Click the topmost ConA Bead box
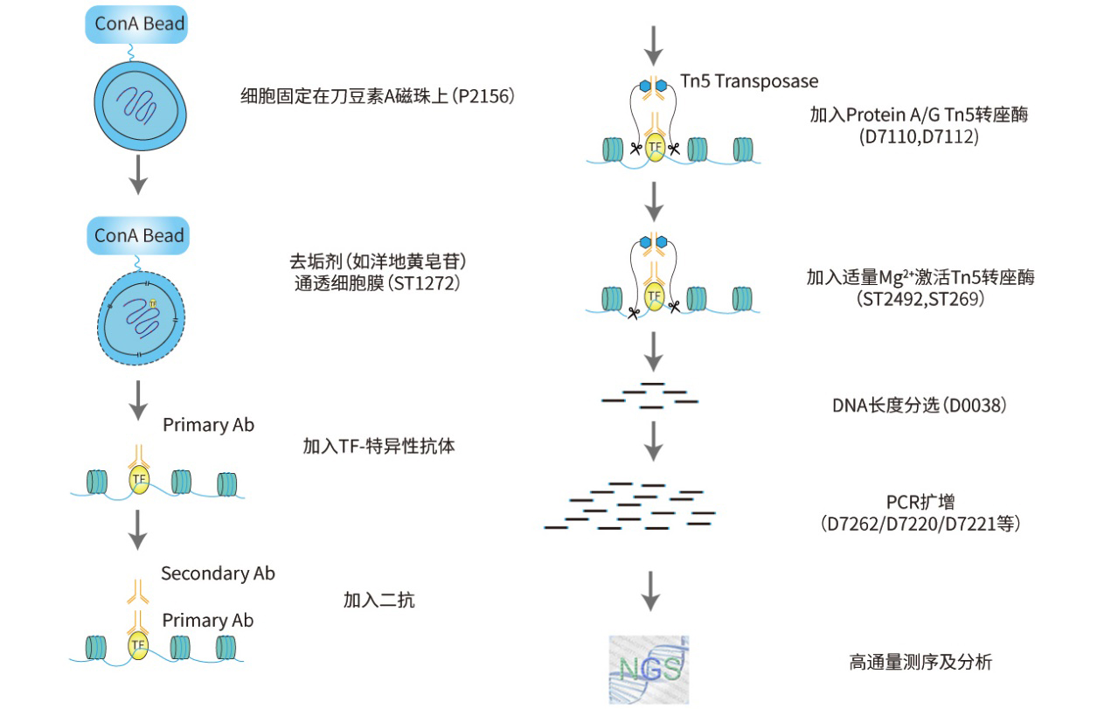coord(136,24)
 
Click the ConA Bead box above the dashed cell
coord(138,236)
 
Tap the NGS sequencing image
coord(649,670)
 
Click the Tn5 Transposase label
coord(749,81)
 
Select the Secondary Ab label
coord(218,573)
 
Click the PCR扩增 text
coord(920,502)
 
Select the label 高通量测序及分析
coord(920,663)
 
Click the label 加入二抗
coord(379,601)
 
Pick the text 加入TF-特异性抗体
coord(379,446)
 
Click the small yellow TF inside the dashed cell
coord(153,303)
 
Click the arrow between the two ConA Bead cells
coord(138,175)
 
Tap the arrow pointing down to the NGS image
coord(650,591)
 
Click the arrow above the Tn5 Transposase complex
coord(653,45)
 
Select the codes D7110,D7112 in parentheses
coord(919,136)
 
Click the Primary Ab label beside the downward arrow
coord(208,425)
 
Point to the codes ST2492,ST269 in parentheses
coord(920,299)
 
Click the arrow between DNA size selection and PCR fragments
coord(653,441)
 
